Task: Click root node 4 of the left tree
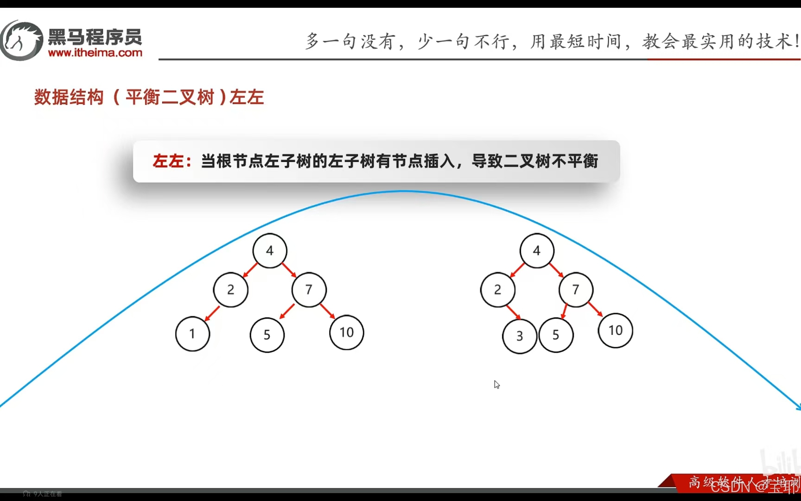(270, 251)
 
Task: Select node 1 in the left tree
(192, 334)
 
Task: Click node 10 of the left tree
(347, 333)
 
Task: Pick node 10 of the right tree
(616, 331)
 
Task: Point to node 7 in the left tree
(309, 290)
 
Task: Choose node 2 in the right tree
(498, 290)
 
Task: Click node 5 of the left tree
(267, 335)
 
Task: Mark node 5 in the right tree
(556, 335)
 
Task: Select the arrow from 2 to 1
(212, 314)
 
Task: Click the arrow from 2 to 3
(513, 312)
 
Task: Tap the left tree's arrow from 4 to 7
(289, 270)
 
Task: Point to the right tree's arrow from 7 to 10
(595, 309)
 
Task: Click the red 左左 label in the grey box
(168, 161)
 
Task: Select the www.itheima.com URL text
(95, 53)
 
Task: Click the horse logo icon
(21, 41)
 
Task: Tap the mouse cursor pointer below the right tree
(496, 385)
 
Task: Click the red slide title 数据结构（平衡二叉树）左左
(149, 97)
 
